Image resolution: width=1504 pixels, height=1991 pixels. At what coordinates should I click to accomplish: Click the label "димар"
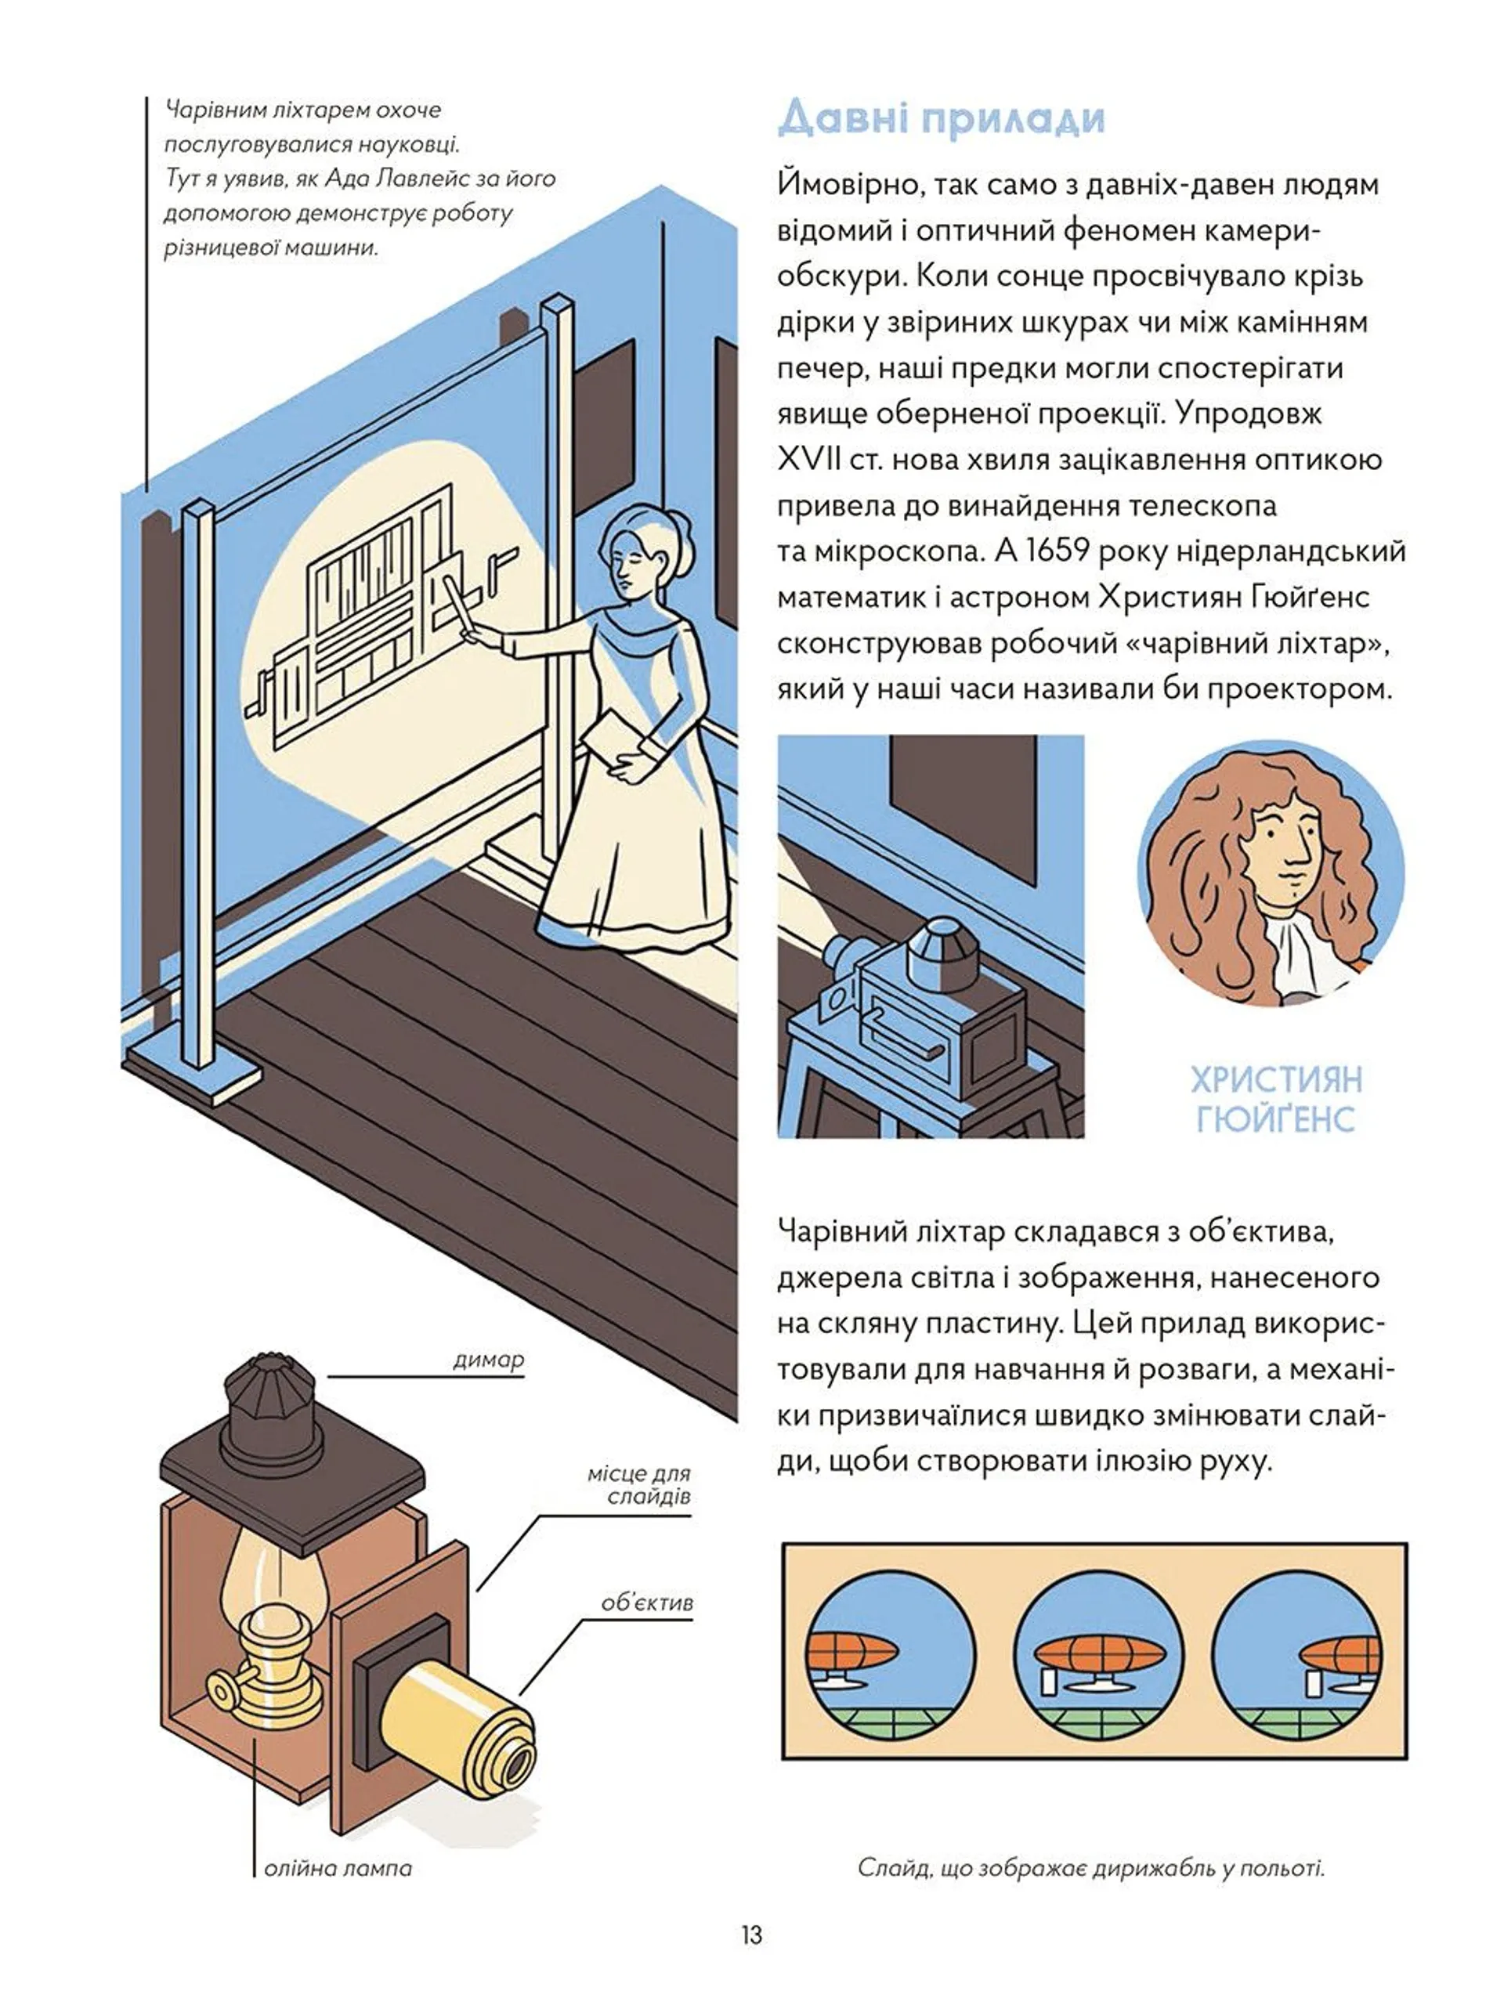click(x=488, y=1359)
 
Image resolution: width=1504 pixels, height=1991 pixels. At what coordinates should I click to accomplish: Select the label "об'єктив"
click(x=647, y=1603)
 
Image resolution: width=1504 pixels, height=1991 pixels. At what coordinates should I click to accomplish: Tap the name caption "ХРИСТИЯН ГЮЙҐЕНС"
click(x=1276, y=1098)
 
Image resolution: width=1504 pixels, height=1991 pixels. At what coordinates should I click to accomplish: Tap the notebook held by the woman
click(x=616, y=741)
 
